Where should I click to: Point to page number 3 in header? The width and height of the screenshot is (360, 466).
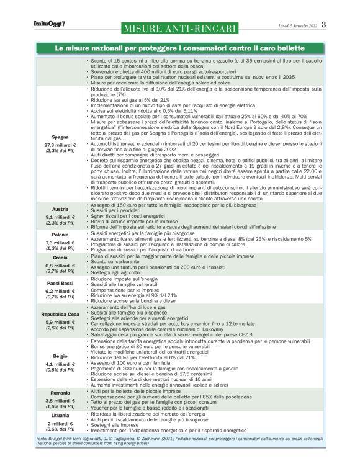323,24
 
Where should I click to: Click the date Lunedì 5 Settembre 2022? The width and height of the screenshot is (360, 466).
297,25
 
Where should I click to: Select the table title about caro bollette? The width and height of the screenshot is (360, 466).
180,48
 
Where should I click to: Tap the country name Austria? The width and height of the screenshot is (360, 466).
60,209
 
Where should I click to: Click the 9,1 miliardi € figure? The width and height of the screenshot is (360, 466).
60,217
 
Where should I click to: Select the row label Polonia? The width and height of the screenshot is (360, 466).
60,235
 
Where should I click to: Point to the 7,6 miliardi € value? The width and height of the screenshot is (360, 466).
60,242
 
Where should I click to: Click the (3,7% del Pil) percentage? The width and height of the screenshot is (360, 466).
60,271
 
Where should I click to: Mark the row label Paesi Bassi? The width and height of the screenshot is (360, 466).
60,283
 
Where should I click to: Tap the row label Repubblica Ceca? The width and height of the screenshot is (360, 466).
60,315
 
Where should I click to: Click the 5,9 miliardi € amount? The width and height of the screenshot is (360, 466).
60,322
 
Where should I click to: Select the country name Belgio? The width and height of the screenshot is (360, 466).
60,356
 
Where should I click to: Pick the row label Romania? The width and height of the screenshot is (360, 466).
60,393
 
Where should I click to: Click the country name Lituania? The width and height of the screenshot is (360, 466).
60,414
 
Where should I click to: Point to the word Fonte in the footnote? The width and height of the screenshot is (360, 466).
43,438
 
